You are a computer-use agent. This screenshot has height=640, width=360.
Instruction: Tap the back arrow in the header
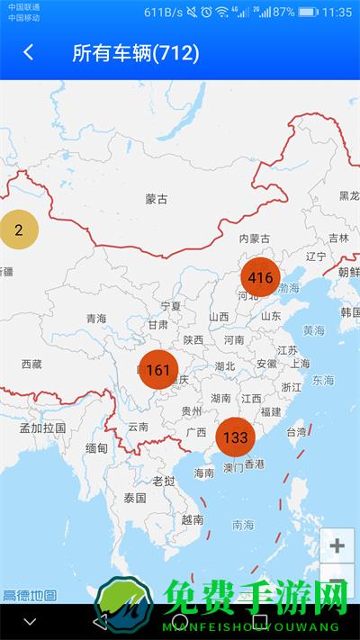[x=29, y=52]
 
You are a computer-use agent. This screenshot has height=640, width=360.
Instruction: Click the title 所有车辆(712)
[x=136, y=52]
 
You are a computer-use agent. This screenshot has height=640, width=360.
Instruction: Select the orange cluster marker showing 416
[x=260, y=277]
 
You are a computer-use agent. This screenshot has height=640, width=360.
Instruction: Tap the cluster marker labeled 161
[x=157, y=370]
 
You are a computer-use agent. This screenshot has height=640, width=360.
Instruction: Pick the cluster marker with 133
[x=235, y=437]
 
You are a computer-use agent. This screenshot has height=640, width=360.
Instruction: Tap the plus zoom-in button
[x=337, y=545]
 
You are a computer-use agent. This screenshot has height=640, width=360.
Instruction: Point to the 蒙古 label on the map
[x=157, y=199]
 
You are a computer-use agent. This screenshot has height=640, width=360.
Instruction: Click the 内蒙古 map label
[x=255, y=239]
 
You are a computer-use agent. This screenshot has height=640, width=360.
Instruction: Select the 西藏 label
[x=31, y=364]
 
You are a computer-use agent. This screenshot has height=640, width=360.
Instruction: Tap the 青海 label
[x=96, y=319]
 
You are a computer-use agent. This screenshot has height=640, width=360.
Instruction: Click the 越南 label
[x=192, y=518]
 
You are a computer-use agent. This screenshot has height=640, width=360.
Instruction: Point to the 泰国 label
[x=135, y=497]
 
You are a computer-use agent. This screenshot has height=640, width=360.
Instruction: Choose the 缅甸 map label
[x=96, y=448]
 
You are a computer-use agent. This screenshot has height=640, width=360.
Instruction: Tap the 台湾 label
[x=296, y=432]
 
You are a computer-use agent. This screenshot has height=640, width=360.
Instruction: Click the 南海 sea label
[x=243, y=524]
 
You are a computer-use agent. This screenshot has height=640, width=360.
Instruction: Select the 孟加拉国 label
[x=42, y=428]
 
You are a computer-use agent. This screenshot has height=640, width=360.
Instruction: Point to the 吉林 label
[x=338, y=238]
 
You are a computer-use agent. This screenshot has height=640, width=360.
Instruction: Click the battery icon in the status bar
[x=308, y=13]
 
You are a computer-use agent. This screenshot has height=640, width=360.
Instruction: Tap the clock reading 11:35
[x=337, y=13]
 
